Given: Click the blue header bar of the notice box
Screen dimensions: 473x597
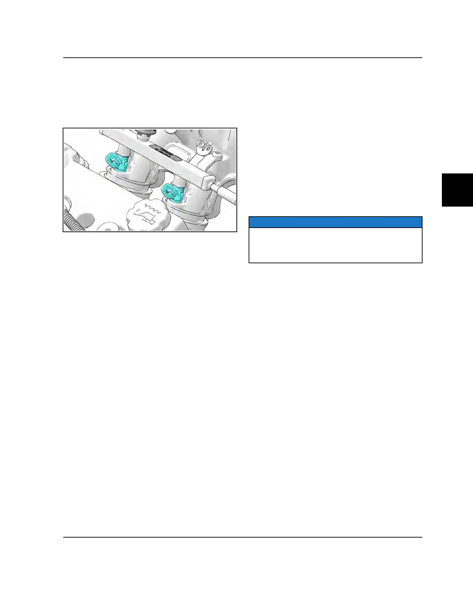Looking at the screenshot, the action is pyautogui.click(x=335, y=222).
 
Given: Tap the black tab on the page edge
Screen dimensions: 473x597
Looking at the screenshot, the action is pyautogui.click(x=457, y=190).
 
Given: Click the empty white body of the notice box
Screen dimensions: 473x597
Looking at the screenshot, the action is pyautogui.click(x=335, y=245).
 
